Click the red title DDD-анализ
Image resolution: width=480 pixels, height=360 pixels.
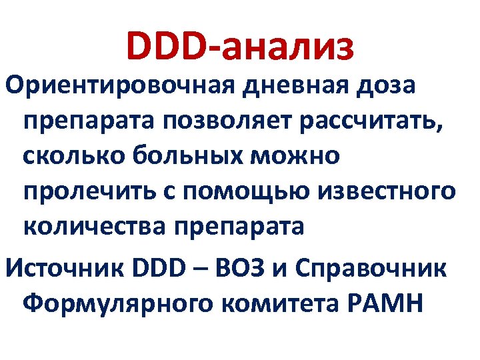(x=239, y=47)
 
